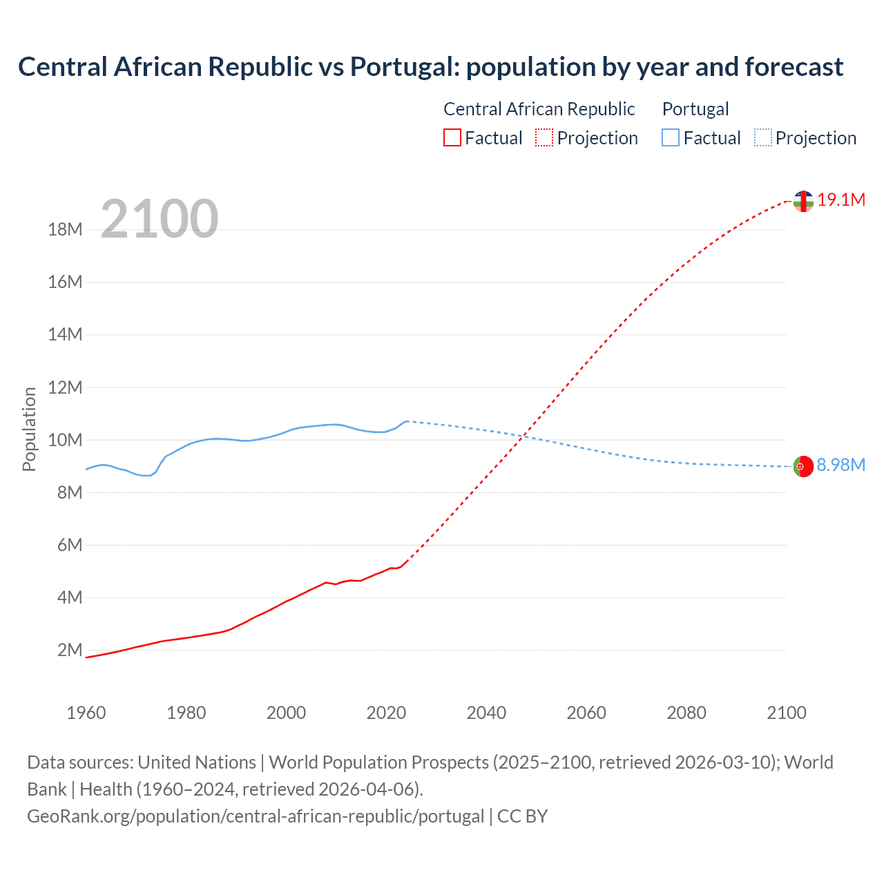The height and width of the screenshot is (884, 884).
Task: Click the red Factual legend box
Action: pyautogui.click(x=452, y=137)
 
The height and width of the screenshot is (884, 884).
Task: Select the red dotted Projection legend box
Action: pyautogui.click(x=544, y=137)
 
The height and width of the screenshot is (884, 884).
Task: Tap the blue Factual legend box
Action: pyautogui.click(x=670, y=137)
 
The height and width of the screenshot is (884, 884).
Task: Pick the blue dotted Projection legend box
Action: pyautogui.click(x=762, y=137)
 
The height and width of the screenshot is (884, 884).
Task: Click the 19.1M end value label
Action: pyautogui.click(x=841, y=200)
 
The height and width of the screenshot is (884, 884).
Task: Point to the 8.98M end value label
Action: pyautogui.click(x=840, y=465)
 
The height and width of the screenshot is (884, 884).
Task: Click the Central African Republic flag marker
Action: pyautogui.click(x=803, y=201)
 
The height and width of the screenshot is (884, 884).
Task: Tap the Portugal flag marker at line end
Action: pyautogui.click(x=803, y=466)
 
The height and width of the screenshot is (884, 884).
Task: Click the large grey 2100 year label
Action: pyautogui.click(x=160, y=219)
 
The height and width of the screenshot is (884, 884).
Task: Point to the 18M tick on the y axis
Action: pyautogui.click(x=65, y=229)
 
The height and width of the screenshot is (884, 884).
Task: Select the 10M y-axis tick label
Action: pyautogui.click(x=65, y=440)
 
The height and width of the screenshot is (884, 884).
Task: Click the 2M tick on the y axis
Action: pyautogui.click(x=70, y=650)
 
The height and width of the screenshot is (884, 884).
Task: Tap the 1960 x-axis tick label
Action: pyautogui.click(x=86, y=713)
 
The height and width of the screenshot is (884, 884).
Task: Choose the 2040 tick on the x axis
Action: pyautogui.click(x=486, y=713)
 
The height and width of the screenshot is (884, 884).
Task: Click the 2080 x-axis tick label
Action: pyautogui.click(x=686, y=713)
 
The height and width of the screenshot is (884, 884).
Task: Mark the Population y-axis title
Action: pyautogui.click(x=29, y=429)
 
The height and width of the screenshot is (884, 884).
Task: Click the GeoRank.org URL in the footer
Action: pyautogui.click(x=256, y=816)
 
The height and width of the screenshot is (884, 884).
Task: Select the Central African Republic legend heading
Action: pyautogui.click(x=539, y=109)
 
